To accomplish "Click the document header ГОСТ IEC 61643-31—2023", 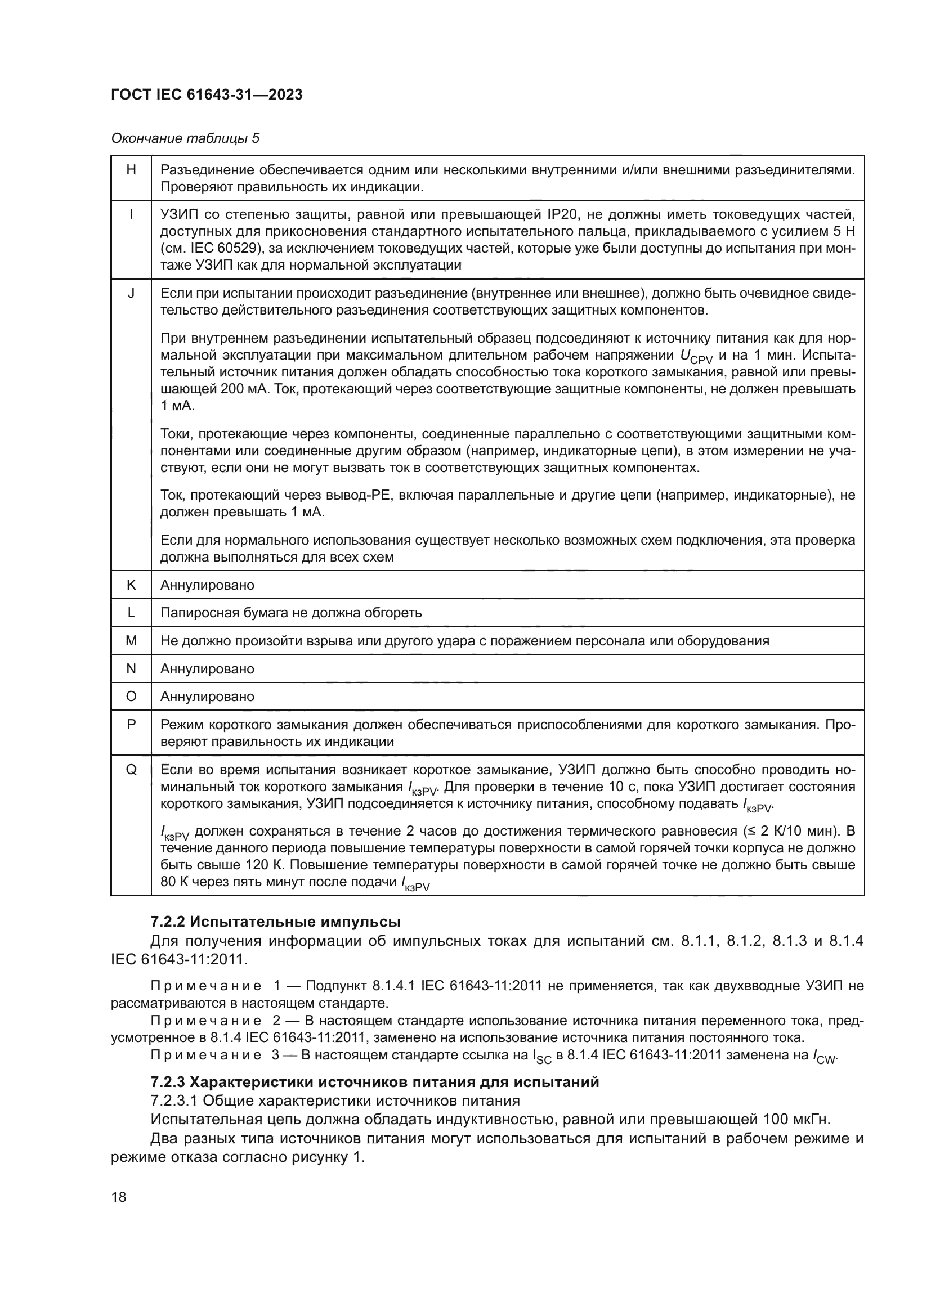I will (x=207, y=95).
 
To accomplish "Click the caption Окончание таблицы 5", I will (x=185, y=138).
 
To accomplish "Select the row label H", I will (x=131, y=170).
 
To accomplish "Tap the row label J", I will (x=131, y=294).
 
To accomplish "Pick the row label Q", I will (x=131, y=770).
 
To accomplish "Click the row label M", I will (x=131, y=641).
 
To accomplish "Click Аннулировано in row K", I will (x=207, y=585).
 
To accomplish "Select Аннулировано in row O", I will (x=207, y=697).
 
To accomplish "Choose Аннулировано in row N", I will (x=207, y=669).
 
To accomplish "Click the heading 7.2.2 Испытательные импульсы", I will (x=275, y=922).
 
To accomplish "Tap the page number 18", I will (x=119, y=1197).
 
